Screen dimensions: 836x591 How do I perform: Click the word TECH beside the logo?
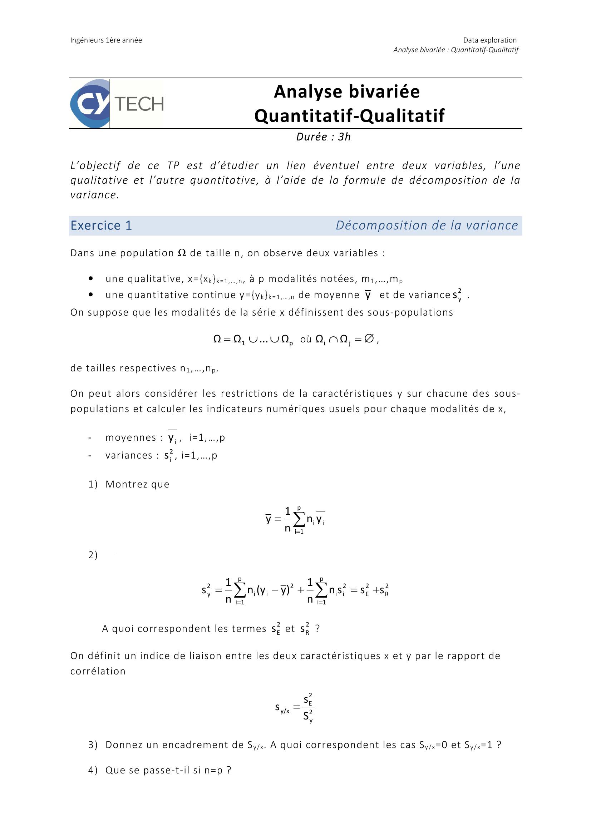pos(139,104)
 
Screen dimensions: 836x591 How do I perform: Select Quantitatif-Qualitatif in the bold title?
pos(349,116)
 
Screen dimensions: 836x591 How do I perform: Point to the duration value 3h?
pos(344,137)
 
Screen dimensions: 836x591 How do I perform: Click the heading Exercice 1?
pos(101,226)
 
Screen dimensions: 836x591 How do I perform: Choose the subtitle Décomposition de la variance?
pos(427,226)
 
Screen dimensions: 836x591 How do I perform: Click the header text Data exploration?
pos(490,40)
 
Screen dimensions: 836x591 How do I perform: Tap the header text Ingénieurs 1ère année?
pos(106,40)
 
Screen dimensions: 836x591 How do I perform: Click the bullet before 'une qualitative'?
pos(91,279)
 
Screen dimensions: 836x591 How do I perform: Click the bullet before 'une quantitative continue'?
pos(91,295)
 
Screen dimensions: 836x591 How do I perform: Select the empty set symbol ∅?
pos(369,339)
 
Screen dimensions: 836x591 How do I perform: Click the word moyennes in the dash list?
pos(131,437)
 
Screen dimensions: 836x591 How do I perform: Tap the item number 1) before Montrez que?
pos(93,484)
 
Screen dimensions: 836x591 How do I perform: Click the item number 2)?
pos(93,555)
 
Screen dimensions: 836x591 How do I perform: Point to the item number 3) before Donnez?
pos(93,745)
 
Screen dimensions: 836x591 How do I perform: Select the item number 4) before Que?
pos(93,770)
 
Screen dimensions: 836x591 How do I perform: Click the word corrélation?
pos(98,671)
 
